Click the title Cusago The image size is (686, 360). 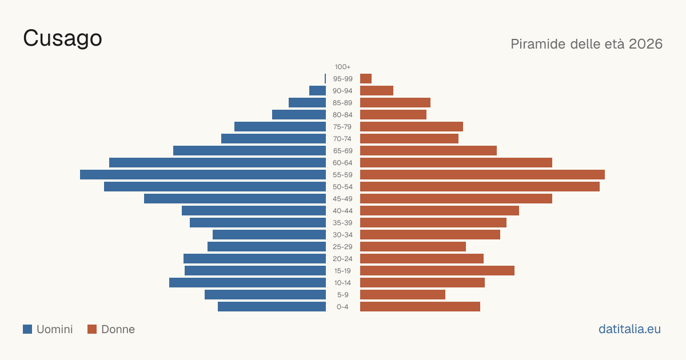click(x=62, y=39)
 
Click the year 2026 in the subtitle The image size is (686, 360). click(x=645, y=44)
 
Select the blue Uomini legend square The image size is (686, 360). click(x=27, y=329)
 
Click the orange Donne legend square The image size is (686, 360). click(x=92, y=329)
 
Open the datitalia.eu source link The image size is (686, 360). click(x=629, y=329)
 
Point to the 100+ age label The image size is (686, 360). click(x=342, y=67)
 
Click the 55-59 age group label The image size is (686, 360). click(x=342, y=175)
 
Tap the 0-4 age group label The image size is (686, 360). click(x=342, y=307)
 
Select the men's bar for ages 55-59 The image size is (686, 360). click(x=203, y=175)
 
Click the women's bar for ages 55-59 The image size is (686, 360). click(x=482, y=175)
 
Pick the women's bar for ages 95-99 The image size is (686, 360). click(x=366, y=79)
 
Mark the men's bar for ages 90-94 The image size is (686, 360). click(x=318, y=91)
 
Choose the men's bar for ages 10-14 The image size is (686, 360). click(x=248, y=282)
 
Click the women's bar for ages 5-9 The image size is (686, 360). click(x=402, y=294)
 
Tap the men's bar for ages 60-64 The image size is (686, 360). click(x=217, y=162)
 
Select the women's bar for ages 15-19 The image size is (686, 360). click(x=437, y=271)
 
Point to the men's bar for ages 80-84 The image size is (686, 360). click(x=299, y=115)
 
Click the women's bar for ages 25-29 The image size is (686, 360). click(x=413, y=247)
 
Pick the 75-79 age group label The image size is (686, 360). click(x=342, y=127)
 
